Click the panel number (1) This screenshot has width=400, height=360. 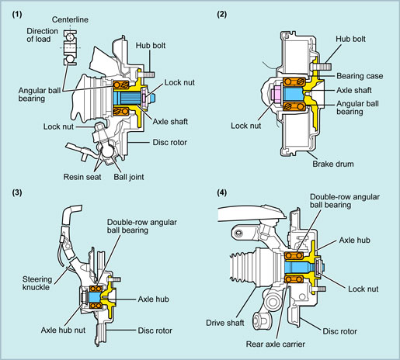(x=17, y=15)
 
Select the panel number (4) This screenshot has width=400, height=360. (x=222, y=192)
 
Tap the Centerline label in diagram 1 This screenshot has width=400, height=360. (x=70, y=19)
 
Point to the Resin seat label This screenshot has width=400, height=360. (x=82, y=177)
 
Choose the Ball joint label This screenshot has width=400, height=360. (x=129, y=177)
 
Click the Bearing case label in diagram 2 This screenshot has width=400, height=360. (x=360, y=76)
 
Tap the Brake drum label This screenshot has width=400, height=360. (x=333, y=164)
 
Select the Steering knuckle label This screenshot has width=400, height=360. (x=37, y=283)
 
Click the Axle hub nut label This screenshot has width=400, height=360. (x=63, y=330)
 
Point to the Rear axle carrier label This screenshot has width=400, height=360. (x=276, y=344)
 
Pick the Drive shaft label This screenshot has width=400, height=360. (x=225, y=323)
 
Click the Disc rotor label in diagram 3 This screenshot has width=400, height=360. (x=155, y=331)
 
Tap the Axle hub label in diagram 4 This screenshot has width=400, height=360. (x=354, y=241)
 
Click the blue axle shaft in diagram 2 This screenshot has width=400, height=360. (x=294, y=95)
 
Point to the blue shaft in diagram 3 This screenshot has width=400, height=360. (x=95, y=297)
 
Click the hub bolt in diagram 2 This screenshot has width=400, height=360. (x=320, y=67)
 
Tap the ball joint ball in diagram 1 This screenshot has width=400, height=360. (x=106, y=151)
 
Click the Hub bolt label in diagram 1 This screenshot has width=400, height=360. (x=151, y=46)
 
